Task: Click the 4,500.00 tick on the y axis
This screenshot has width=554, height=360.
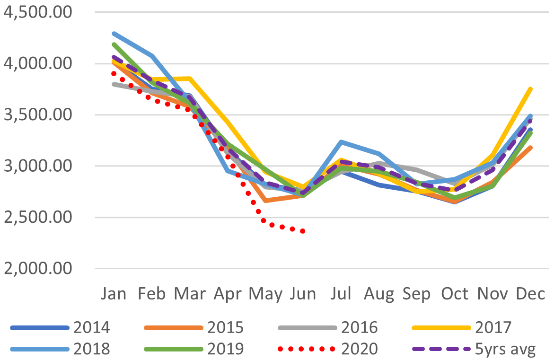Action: pos(37,12)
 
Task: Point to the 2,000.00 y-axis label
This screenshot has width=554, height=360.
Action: pos(37,269)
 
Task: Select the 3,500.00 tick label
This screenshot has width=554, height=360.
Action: pos(37,115)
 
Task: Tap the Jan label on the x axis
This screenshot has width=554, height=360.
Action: pos(114,294)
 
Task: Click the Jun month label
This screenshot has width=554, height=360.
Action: pos(303,294)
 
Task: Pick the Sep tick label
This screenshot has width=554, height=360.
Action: pos(417,294)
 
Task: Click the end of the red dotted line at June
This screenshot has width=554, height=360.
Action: pos(303,231)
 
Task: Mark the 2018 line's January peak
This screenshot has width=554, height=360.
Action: pos(114,34)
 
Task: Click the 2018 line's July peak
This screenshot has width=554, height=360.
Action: pos(341,141)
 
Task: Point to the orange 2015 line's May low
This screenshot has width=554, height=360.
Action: pos(265,201)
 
